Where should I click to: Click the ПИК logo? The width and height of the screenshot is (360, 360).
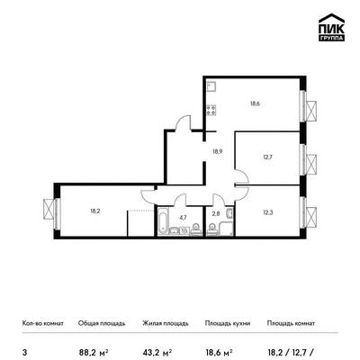click(x=331, y=28)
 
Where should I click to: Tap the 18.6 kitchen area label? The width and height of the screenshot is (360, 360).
click(x=255, y=103)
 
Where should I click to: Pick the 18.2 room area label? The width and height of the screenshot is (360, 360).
click(x=95, y=211)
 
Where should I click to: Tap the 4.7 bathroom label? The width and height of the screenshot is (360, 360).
click(x=183, y=218)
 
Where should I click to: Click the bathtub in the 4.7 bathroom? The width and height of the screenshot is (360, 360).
click(x=163, y=221)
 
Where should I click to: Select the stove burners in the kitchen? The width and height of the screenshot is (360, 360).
click(x=211, y=110)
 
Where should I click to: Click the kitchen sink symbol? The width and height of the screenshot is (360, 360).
click(x=211, y=86)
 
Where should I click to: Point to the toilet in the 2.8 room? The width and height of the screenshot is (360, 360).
click(x=212, y=229)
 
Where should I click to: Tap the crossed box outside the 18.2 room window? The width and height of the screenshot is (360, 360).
click(x=49, y=209)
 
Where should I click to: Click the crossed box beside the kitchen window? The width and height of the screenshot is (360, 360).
click(x=311, y=111)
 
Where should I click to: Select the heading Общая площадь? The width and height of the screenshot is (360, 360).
click(x=102, y=323)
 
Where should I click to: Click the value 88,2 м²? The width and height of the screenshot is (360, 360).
click(x=94, y=352)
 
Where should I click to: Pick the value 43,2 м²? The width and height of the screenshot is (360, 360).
click(x=157, y=352)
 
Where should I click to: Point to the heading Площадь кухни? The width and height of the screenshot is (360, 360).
click(x=228, y=323)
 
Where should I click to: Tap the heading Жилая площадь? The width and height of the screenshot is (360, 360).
click(x=166, y=323)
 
